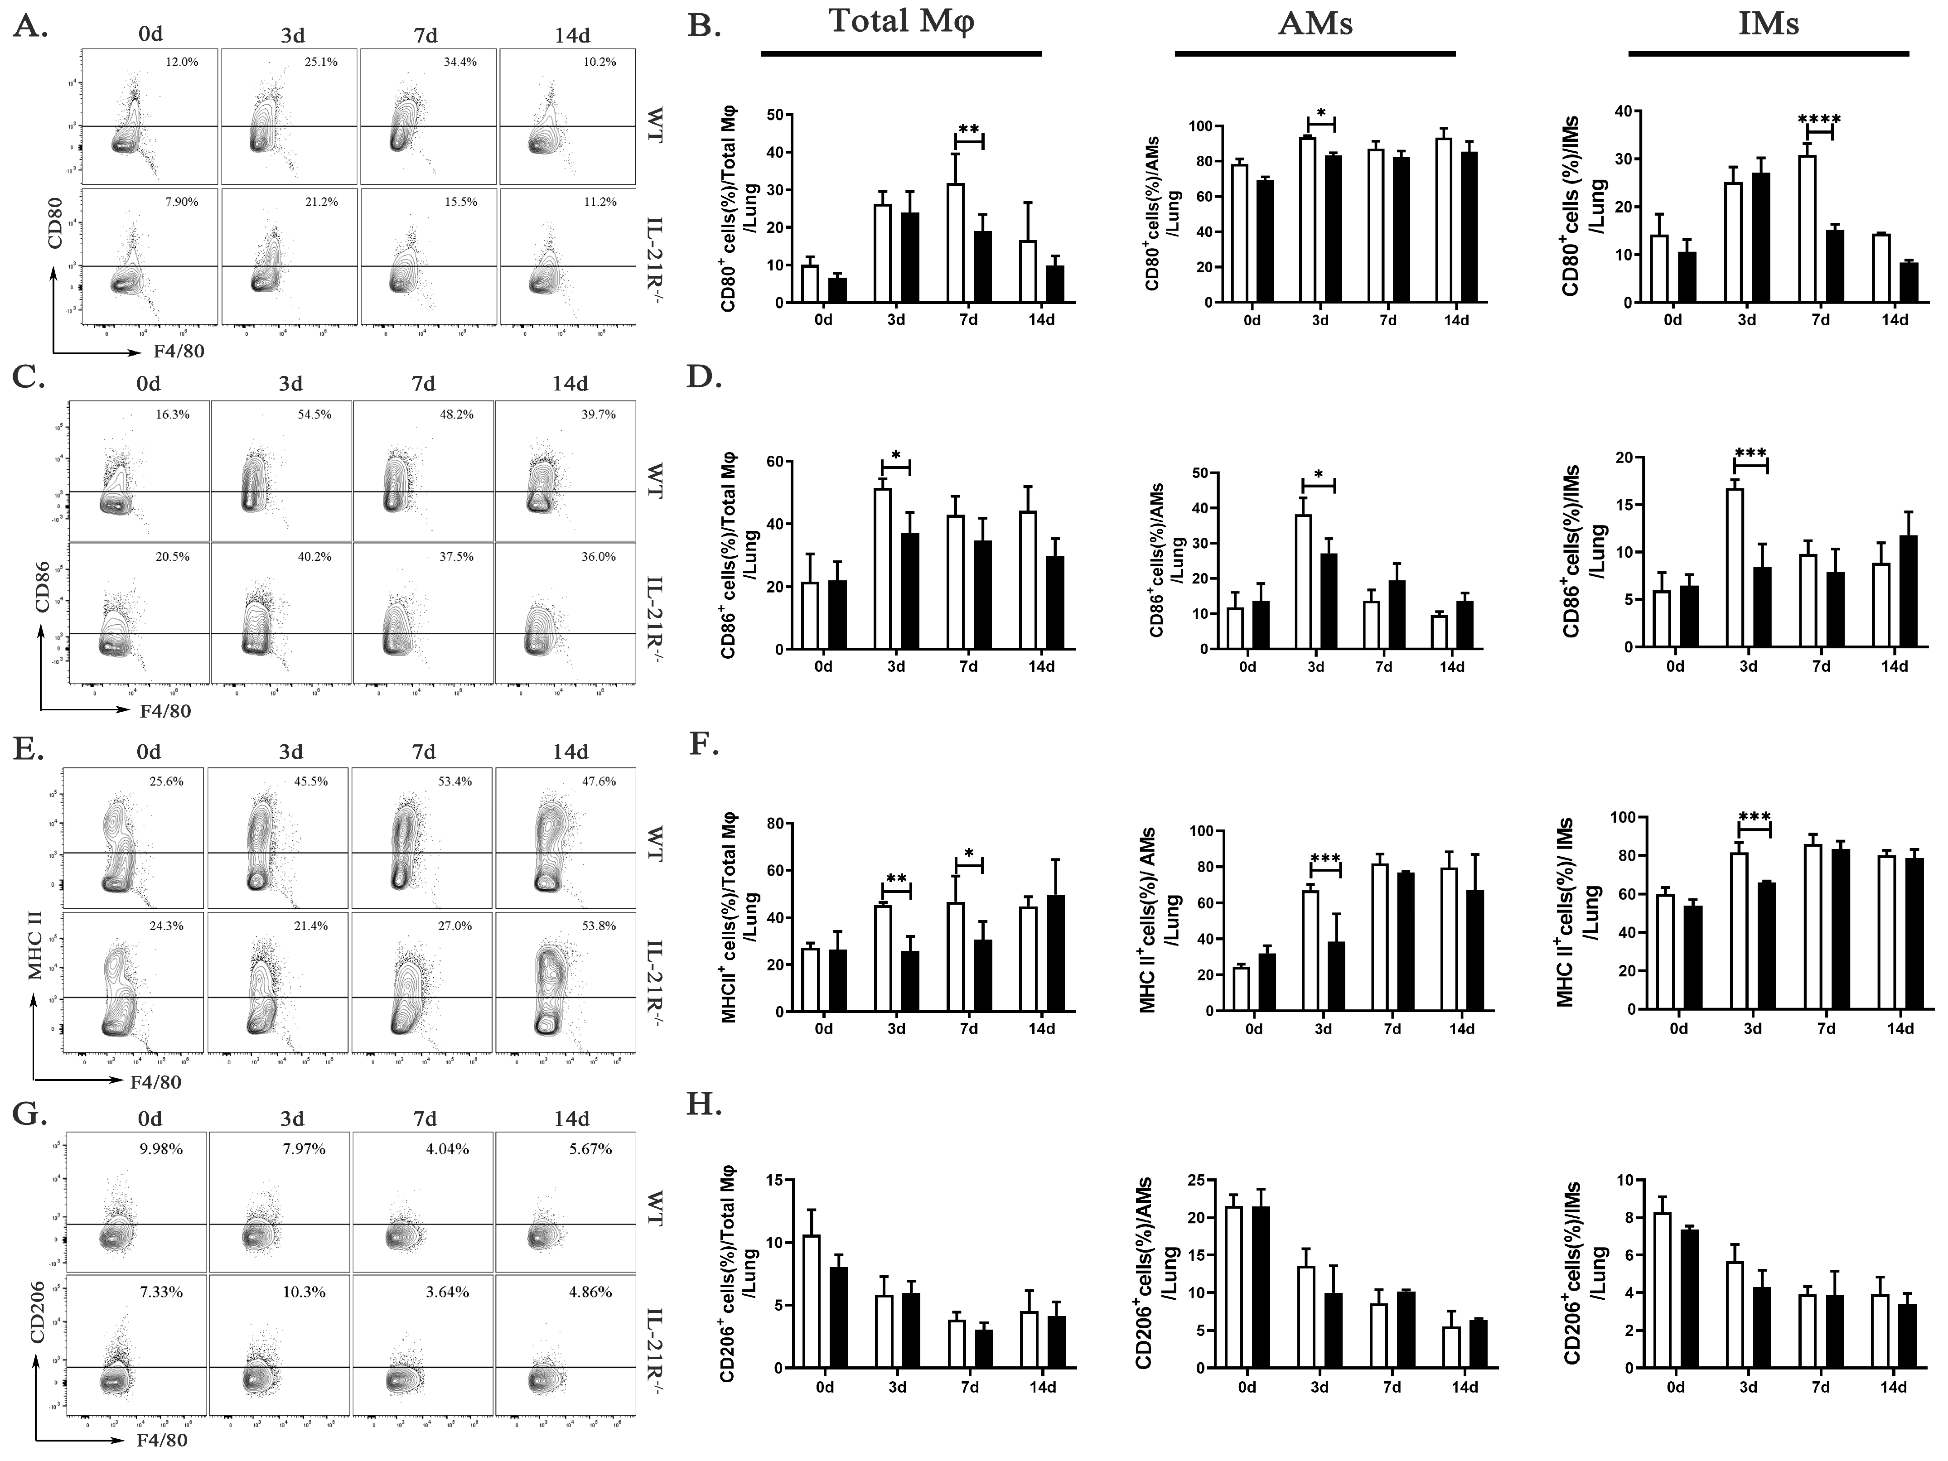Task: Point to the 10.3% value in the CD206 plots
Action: tap(304, 1292)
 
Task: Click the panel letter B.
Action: tap(704, 26)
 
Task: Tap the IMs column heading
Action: tap(1769, 24)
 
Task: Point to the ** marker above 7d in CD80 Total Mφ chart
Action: tap(969, 130)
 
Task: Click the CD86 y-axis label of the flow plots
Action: tap(42, 590)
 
